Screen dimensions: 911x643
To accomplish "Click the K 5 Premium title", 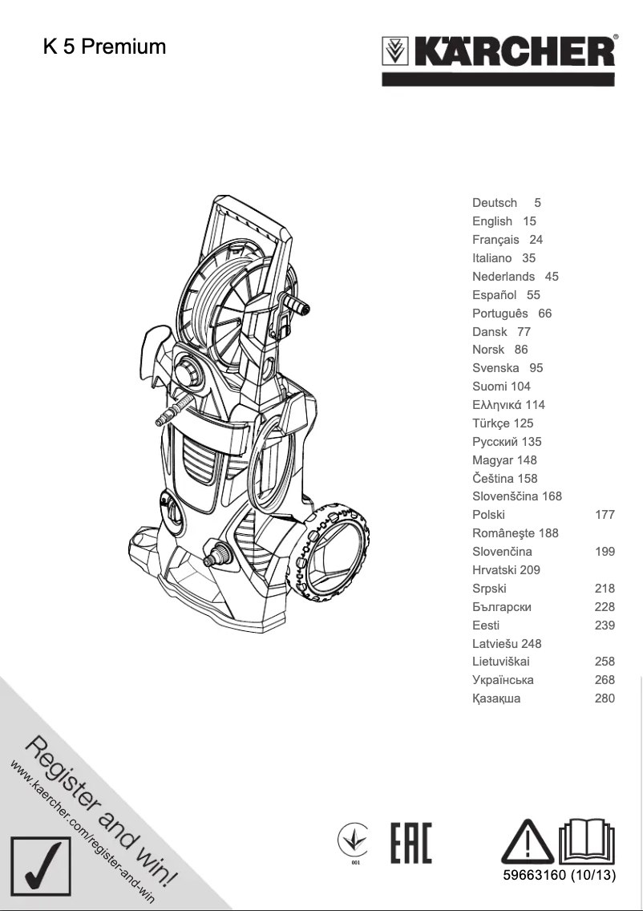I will (104, 47).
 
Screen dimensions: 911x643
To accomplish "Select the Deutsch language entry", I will (495, 203).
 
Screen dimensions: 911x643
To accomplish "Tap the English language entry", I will (492, 221).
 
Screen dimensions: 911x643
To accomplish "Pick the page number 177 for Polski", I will (605, 515).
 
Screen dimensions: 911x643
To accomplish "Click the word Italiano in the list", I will (491, 258).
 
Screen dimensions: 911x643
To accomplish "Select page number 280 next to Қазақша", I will (605, 698).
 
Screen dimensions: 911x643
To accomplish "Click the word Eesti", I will (486, 626).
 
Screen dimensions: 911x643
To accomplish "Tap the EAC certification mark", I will (410, 843).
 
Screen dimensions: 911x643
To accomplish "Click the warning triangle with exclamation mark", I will (527, 841).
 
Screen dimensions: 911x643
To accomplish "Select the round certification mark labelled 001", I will (354, 844).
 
